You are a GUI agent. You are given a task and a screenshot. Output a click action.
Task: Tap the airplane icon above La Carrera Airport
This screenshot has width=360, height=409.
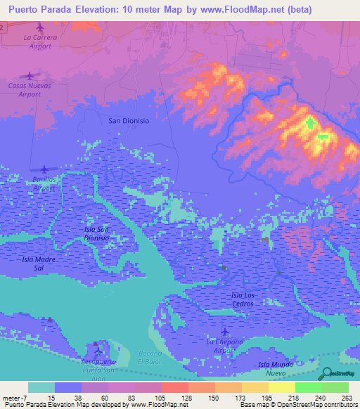tap(39, 27)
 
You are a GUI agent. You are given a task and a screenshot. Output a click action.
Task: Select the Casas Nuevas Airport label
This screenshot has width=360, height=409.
tap(30, 89)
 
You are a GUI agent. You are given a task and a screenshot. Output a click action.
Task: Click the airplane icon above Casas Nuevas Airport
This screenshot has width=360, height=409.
tap(30, 75)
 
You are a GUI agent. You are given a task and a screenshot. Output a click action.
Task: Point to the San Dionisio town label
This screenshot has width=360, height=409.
tap(129, 121)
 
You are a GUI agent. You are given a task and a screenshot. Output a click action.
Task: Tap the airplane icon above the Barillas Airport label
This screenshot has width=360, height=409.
tap(45, 169)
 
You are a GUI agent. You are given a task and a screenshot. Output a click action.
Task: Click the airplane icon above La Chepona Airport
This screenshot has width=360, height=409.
tap(225, 331)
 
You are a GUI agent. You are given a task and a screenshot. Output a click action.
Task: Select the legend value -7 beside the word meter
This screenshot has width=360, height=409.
tap(28, 398)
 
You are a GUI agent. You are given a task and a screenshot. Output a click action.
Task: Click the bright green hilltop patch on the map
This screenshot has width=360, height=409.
tap(310, 124)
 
